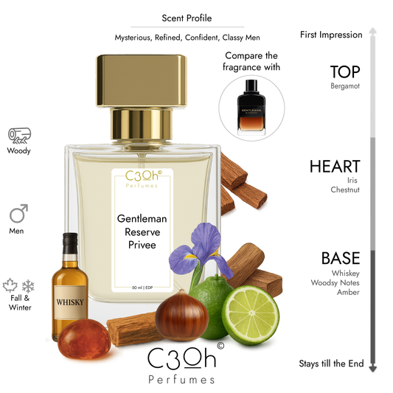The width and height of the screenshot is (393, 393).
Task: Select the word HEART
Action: [335, 167]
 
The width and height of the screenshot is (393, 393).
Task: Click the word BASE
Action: [340, 258]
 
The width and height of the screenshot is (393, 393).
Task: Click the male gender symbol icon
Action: [19, 215]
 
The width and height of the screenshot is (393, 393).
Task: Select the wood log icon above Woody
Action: [19, 135]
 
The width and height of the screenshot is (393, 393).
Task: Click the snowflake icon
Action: [28, 286]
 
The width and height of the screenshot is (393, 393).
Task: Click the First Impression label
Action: [331, 35]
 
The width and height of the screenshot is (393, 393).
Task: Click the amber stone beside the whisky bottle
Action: [79, 336]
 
